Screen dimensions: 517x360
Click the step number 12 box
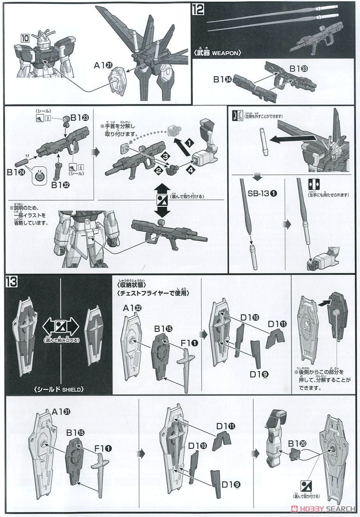pyautogui.click(x=198, y=9)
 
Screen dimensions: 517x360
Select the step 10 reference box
pyautogui.click(x=25, y=38)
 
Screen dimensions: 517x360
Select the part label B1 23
pyautogui.click(x=80, y=118)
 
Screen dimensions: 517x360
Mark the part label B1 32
pyautogui.click(x=59, y=185)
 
